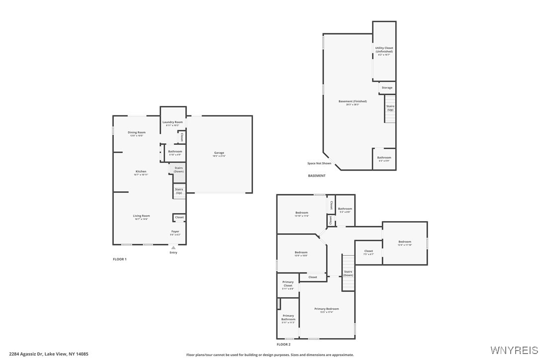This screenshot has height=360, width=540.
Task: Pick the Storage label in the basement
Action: [x=387, y=88]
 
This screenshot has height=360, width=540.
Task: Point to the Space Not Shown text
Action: [x=319, y=163]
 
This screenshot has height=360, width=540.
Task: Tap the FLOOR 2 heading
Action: [x=283, y=344]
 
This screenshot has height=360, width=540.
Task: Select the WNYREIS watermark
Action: [x=514, y=350]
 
